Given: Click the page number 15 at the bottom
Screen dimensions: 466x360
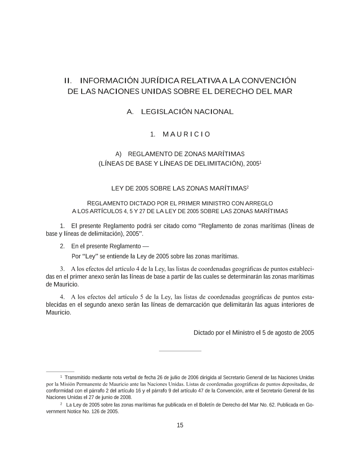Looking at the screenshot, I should pyautogui.click(x=180, y=425).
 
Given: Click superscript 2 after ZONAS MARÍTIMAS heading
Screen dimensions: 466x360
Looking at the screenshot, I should pyautogui.click(x=248, y=187).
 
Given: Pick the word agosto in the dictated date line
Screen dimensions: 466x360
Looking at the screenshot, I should pyautogui.click(x=277, y=333).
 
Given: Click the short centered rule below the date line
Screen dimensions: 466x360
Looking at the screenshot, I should pyautogui.click(x=180, y=351).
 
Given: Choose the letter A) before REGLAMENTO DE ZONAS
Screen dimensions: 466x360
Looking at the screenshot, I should pyautogui.click(x=118, y=154).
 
